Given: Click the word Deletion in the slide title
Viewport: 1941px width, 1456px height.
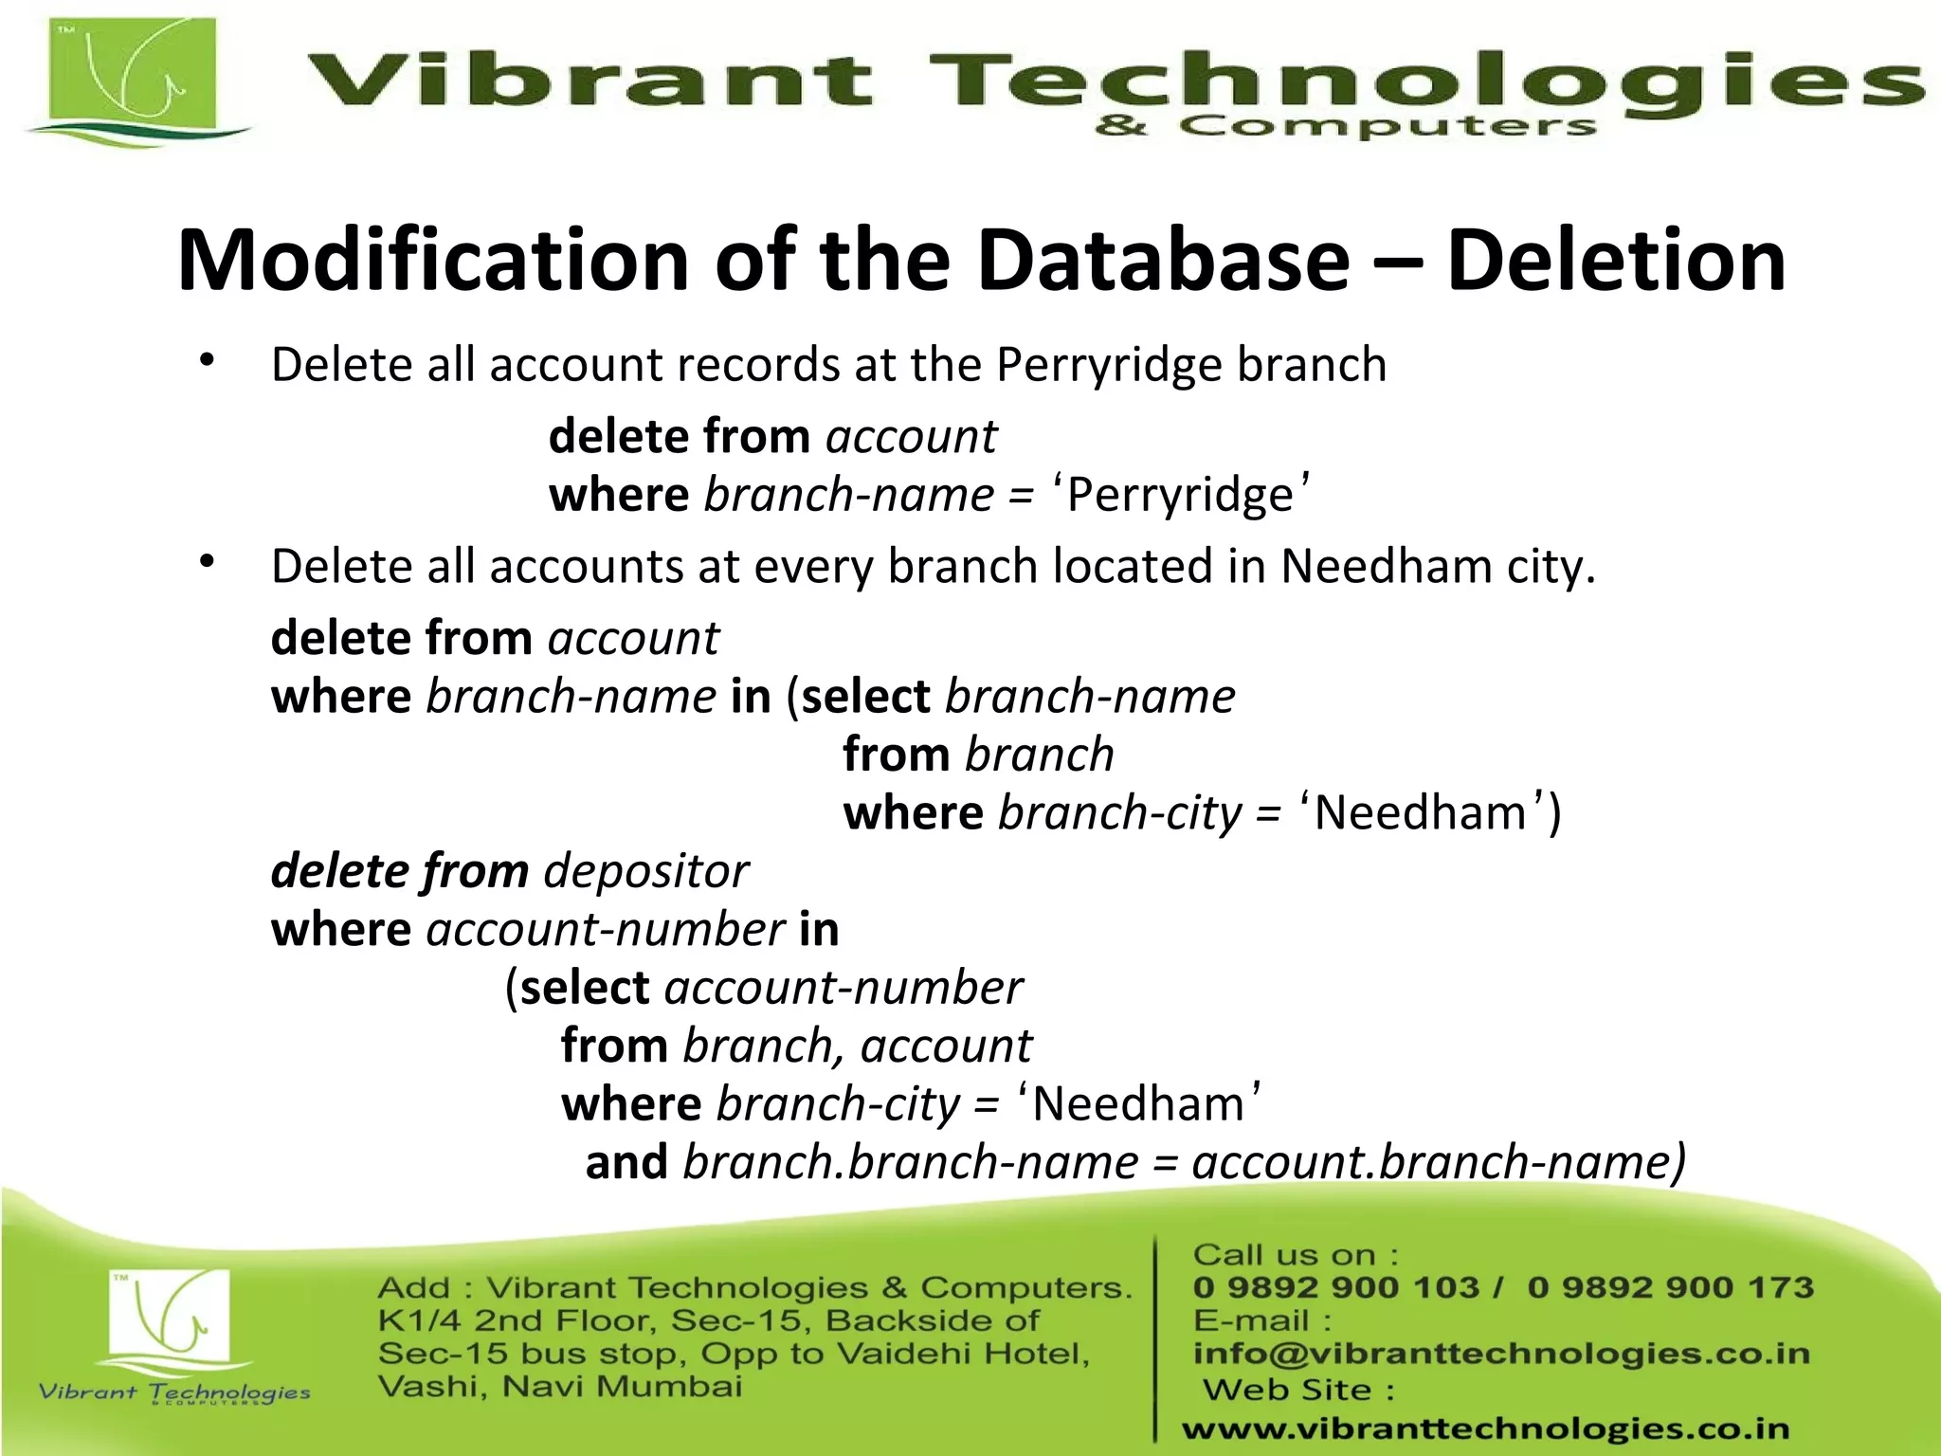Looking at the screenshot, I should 1616,261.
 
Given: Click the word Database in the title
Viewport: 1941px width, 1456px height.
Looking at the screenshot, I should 1163,261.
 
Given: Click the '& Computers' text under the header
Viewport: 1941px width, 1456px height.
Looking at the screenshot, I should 1346,126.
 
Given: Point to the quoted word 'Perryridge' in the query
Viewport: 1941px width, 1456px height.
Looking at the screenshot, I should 1181,496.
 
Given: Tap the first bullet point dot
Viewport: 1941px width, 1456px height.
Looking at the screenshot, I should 208,360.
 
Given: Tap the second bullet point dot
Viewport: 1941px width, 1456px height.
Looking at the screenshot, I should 208,562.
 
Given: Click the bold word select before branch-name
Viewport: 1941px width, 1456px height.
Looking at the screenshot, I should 865,698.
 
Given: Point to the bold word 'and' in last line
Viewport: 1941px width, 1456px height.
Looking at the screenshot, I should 626,1163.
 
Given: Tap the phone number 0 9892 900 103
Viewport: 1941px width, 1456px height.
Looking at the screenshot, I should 1335,1287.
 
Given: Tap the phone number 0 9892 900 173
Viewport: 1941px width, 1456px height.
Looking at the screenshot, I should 1670,1287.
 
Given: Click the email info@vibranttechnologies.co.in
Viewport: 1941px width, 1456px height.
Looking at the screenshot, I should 1501,1354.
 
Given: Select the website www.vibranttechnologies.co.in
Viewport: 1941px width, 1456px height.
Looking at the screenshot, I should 1485,1429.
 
